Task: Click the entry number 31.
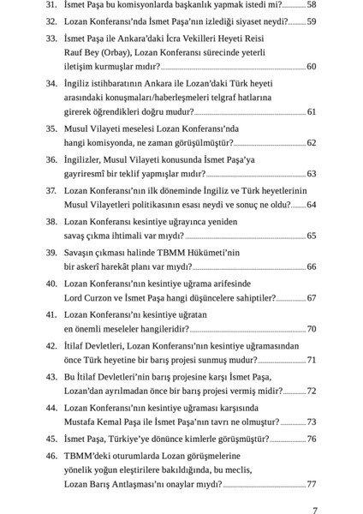click(50, 5)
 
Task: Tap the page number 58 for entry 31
click(311, 5)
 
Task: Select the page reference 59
click(311, 21)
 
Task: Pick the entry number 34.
click(50, 84)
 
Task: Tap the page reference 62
click(311, 142)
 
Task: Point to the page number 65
click(311, 236)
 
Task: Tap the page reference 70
click(311, 329)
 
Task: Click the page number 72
click(311, 391)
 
